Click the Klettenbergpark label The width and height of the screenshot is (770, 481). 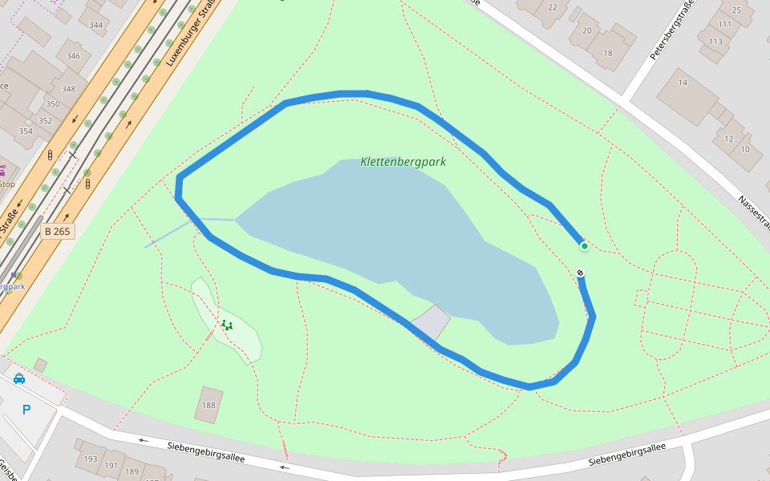coord(403,162)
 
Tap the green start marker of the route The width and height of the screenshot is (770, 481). coord(585,246)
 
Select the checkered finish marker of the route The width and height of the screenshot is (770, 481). coord(580,273)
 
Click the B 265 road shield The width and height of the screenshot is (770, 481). coord(57,232)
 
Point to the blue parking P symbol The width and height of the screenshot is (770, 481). coord(26,410)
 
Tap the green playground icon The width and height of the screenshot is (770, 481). coord(227,325)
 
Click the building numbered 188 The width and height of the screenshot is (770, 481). coord(209,406)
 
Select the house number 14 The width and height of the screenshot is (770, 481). coord(683,83)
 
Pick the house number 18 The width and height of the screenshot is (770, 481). coord(607,54)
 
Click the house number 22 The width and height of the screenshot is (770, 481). coord(552,7)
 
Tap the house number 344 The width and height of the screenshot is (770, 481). coord(96,25)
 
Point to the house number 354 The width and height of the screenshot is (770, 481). coord(26,131)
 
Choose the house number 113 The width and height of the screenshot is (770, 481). coord(715,42)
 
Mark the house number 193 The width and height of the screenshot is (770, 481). coord(91,459)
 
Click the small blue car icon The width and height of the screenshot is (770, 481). coord(19,378)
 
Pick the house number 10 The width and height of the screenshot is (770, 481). coord(745,149)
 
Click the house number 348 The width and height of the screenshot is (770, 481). coord(68,89)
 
